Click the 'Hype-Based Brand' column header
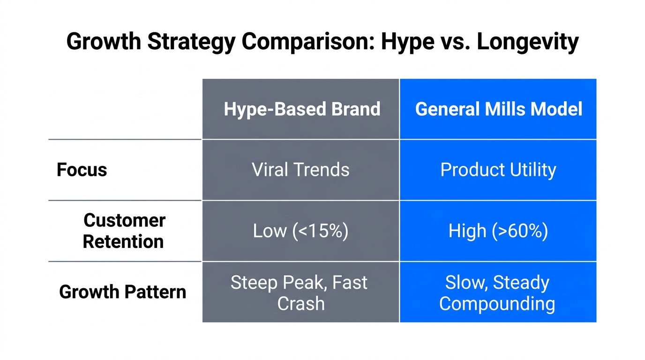(x=301, y=109)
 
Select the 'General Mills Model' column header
(x=498, y=109)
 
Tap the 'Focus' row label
(x=82, y=170)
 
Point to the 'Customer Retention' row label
(x=124, y=231)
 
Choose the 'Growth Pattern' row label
(x=122, y=292)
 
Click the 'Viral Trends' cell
(x=300, y=170)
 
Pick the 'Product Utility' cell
(x=498, y=170)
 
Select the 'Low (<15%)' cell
(x=300, y=231)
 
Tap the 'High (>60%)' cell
(x=498, y=231)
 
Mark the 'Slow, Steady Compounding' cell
(x=497, y=292)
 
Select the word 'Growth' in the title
(x=103, y=42)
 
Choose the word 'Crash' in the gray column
(x=300, y=303)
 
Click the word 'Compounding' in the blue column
(x=497, y=303)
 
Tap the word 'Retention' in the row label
(x=123, y=241)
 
